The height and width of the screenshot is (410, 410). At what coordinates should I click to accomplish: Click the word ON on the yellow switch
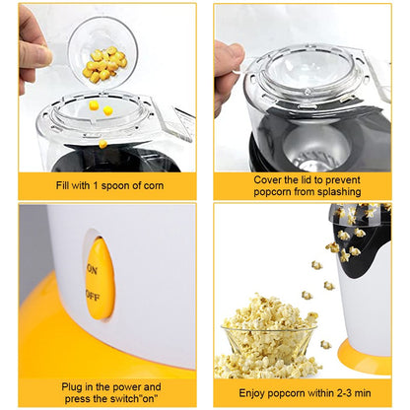[x=93, y=269]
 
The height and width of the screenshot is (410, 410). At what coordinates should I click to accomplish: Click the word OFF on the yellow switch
[x=93, y=293]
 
